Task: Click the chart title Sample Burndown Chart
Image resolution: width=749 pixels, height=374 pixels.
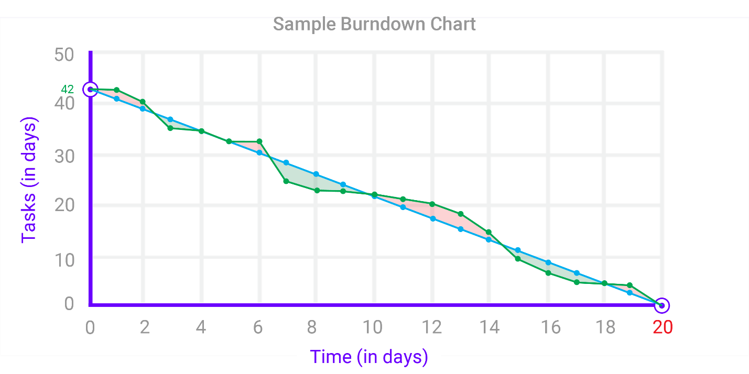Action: (374, 24)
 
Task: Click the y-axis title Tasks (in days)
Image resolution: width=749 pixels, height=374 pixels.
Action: (29, 181)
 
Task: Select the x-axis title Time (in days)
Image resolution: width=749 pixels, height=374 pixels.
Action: (369, 357)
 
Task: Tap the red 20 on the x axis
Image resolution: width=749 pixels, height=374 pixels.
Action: (663, 327)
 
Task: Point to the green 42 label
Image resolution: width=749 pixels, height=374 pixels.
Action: (68, 89)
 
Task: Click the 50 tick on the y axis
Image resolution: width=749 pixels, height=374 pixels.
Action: (64, 54)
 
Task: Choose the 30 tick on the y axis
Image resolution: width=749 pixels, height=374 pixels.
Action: (64, 156)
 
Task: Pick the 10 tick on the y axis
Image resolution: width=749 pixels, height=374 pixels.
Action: (64, 259)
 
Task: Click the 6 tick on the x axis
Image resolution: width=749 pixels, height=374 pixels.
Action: (258, 327)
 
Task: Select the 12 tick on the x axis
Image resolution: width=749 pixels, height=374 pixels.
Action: (432, 327)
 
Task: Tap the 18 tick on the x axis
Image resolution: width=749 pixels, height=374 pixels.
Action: (605, 327)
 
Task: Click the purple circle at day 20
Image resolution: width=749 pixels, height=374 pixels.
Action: (662, 305)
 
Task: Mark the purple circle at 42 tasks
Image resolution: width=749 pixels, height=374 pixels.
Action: (90, 89)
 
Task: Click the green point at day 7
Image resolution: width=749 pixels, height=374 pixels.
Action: (286, 181)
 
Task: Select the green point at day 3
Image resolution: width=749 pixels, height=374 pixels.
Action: (170, 128)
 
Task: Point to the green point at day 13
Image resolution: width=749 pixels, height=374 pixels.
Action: (461, 214)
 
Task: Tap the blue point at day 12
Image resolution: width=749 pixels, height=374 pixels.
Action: (433, 218)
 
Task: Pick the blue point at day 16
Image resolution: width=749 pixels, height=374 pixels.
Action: (548, 262)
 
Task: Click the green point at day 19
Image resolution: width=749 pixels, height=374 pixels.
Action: (629, 285)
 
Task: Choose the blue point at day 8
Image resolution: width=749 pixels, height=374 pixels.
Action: (316, 174)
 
